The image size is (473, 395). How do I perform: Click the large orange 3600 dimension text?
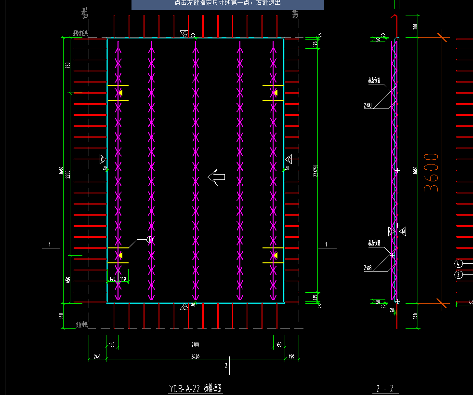[432, 173]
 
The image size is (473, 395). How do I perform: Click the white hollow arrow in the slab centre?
[217, 177]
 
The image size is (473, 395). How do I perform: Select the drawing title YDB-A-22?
[184, 389]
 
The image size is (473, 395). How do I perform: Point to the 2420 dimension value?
[195, 357]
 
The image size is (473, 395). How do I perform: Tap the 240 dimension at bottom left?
[97, 357]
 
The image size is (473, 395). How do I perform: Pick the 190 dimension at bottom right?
[291, 357]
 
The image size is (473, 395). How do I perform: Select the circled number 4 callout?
[459, 263]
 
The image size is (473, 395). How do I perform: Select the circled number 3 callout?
[459, 274]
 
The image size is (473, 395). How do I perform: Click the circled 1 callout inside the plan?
[150, 239]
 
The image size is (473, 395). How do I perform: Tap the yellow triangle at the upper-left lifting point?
[121, 93]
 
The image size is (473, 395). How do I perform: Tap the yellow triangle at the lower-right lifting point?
[275, 255]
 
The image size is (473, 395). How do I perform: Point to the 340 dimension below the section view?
[415, 316]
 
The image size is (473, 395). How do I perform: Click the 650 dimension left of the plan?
[68, 279]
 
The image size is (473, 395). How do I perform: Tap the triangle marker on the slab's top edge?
[184, 33]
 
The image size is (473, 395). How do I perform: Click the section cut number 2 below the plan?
[226, 366]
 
